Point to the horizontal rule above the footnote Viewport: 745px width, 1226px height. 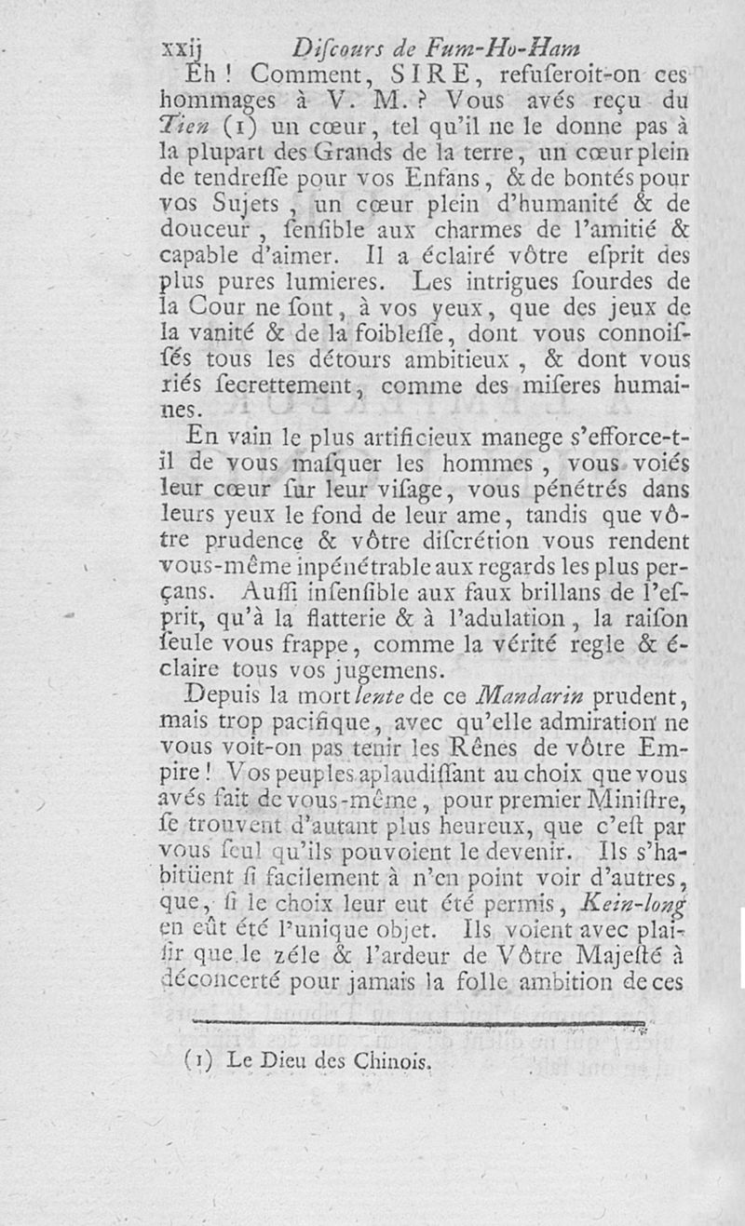point(419,1025)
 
